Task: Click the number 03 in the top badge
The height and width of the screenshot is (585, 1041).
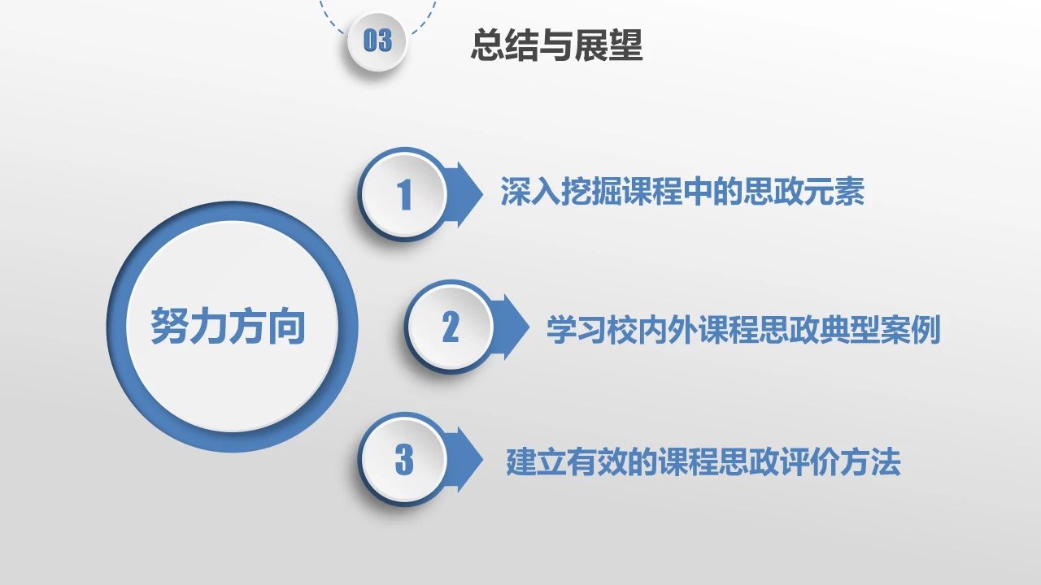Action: pos(377,40)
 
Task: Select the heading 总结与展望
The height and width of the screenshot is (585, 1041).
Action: pos(557,45)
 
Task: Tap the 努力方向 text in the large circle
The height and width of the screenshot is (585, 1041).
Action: pos(229,326)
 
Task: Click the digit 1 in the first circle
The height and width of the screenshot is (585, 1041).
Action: pos(404,194)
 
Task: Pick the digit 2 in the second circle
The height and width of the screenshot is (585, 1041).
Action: pos(451,327)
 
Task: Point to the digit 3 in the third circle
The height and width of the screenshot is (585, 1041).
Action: pos(404,459)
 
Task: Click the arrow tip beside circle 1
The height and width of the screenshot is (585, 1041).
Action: pos(482,194)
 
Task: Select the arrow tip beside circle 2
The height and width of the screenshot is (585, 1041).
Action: pos(529,327)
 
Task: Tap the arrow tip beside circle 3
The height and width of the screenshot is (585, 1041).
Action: pos(482,459)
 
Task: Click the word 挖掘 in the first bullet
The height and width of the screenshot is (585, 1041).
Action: pos(591,191)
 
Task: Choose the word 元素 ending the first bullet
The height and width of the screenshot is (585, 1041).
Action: pos(834,191)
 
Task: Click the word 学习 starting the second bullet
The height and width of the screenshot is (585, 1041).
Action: pos(577,329)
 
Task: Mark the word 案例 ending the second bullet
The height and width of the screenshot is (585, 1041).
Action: pos(910,329)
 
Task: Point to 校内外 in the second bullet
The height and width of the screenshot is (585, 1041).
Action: pos(652,329)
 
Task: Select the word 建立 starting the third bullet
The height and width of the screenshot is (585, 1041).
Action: pos(536,462)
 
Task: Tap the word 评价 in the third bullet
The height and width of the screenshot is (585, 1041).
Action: pos(809,462)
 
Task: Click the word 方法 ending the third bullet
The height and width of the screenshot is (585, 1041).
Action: pos(870,462)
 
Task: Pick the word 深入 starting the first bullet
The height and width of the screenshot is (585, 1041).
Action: pos(530,191)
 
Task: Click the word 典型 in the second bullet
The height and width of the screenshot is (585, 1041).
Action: pos(850,329)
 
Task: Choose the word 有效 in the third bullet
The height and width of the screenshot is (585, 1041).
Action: pos(597,462)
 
